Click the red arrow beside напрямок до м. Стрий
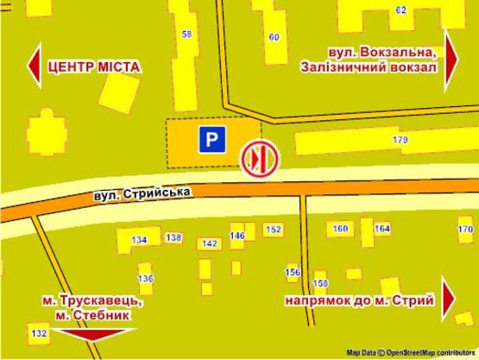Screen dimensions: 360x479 pyautogui.click(x=449, y=300)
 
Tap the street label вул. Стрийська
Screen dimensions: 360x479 pyautogui.click(x=143, y=193)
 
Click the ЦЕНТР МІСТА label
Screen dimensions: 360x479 pyautogui.click(x=94, y=66)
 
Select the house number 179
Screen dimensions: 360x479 pyautogui.click(x=400, y=139)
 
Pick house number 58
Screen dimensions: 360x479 pyautogui.click(x=187, y=35)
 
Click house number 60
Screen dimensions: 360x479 pyautogui.click(x=274, y=36)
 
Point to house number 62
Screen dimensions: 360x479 pyautogui.click(x=400, y=10)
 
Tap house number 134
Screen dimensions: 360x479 pyautogui.click(x=139, y=239)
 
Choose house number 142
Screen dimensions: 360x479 pyautogui.click(x=208, y=243)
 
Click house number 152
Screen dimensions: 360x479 pyautogui.click(x=274, y=230)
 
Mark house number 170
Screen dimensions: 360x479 pyautogui.click(x=465, y=229)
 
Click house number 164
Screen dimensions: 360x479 pyautogui.click(x=381, y=229)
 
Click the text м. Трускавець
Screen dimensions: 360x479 pyautogui.click(x=93, y=300)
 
